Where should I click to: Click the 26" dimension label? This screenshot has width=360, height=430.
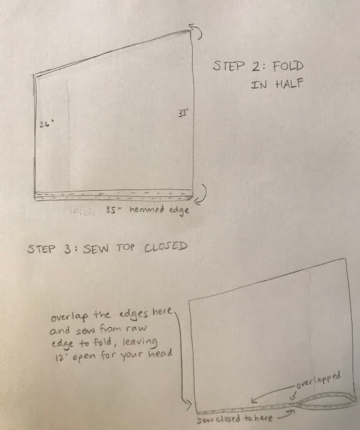(46, 124)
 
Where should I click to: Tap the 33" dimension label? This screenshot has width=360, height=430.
(183, 113)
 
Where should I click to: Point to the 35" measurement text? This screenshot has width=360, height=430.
(114, 210)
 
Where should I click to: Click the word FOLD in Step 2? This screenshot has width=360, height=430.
(288, 66)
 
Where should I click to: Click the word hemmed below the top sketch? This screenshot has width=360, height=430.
(147, 210)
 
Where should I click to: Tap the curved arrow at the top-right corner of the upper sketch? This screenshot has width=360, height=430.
(195, 32)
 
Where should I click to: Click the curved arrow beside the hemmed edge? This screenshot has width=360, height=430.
(201, 195)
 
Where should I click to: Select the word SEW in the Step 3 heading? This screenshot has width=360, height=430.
(96, 249)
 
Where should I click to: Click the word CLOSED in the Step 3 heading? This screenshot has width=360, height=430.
(166, 247)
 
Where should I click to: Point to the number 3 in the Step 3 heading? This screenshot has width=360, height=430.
(68, 249)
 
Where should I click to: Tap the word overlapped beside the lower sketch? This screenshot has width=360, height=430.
(318, 380)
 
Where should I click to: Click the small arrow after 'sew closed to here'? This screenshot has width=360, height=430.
(287, 415)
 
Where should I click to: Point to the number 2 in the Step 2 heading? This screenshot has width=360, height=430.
(256, 66)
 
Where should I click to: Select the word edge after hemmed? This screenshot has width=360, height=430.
(179, 210)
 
